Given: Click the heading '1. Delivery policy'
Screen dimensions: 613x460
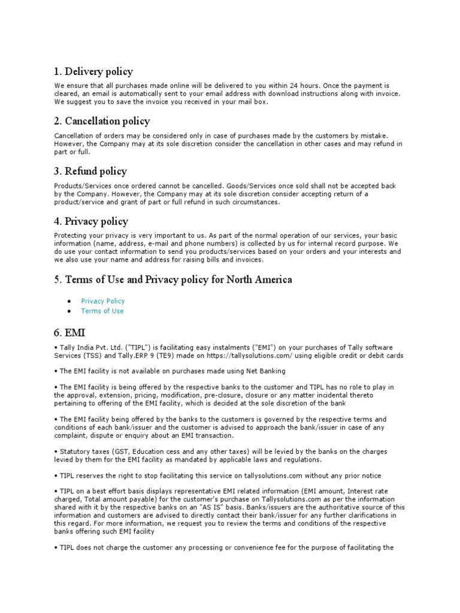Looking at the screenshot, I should [93, 72].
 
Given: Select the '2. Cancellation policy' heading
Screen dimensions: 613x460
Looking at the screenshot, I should [102, 122].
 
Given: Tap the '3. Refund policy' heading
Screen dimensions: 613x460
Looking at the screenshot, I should [90, 171].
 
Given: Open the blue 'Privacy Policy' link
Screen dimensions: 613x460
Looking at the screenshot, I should [103, 301].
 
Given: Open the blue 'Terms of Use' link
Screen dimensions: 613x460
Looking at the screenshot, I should [102, 311].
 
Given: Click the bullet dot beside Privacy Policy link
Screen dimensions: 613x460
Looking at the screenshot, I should [70, 301].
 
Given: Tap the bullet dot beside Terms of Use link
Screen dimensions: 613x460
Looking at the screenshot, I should [70, 311].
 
